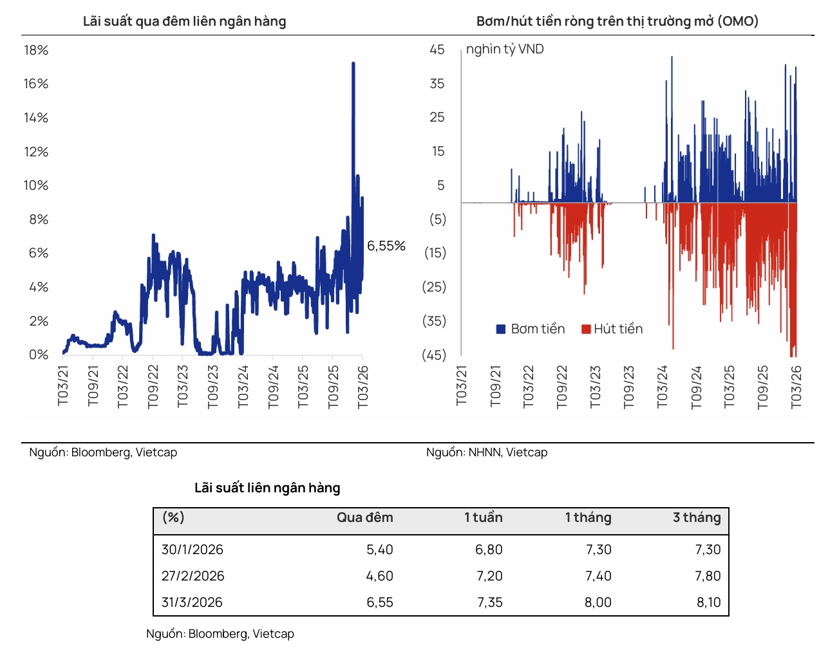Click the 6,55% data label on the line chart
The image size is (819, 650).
coord(386,246)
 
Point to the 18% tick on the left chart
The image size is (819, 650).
coord(36,50)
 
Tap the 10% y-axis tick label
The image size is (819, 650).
coord(36,185)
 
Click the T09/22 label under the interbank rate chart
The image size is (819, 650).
coord(152,386)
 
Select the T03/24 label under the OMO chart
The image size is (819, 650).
coord(661,386)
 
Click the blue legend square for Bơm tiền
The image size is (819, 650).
coord(500,329)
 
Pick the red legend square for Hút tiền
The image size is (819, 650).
coord(585,329)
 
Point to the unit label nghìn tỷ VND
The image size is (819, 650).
coord(504,50)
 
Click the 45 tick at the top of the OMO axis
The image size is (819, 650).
coord(437,50)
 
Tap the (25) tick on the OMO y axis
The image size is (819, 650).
coord(433,286)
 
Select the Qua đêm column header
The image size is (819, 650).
coord(364,517)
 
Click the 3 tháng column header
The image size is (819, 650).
coord(696,517)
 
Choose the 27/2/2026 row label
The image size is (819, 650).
coord(193,575)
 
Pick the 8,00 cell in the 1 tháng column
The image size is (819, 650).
coord(598,602)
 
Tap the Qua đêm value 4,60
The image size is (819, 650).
coord(379,575)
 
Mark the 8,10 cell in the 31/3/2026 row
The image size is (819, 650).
coord(708,602)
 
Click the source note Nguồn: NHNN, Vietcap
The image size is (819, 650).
coord(486,452)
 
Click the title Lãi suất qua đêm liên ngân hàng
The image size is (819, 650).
coord(184,21)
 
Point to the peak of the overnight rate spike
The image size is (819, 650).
coord(353,63)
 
